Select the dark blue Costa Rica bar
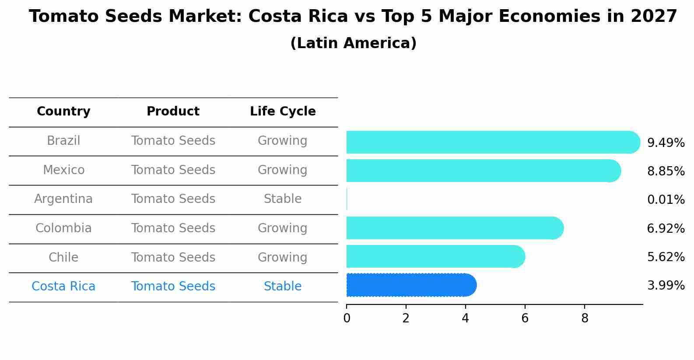pos(410,285)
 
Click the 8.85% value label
pos(666,171)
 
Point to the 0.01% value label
pos(666,200)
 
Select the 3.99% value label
pos(666,286)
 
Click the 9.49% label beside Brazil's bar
pos(666,143)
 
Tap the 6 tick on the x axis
pos(525,318)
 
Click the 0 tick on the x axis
pos(347,318)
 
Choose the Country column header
pos(63,112)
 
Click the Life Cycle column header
pos(283,112)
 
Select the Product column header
pos(173,112)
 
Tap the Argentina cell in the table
pos(63,199)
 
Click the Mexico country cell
pos(63,170)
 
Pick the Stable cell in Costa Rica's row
pos(283,287)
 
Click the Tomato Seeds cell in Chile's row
pos(173,257)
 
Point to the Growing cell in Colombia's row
pos(283,228)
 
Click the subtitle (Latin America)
pos(353,43)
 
